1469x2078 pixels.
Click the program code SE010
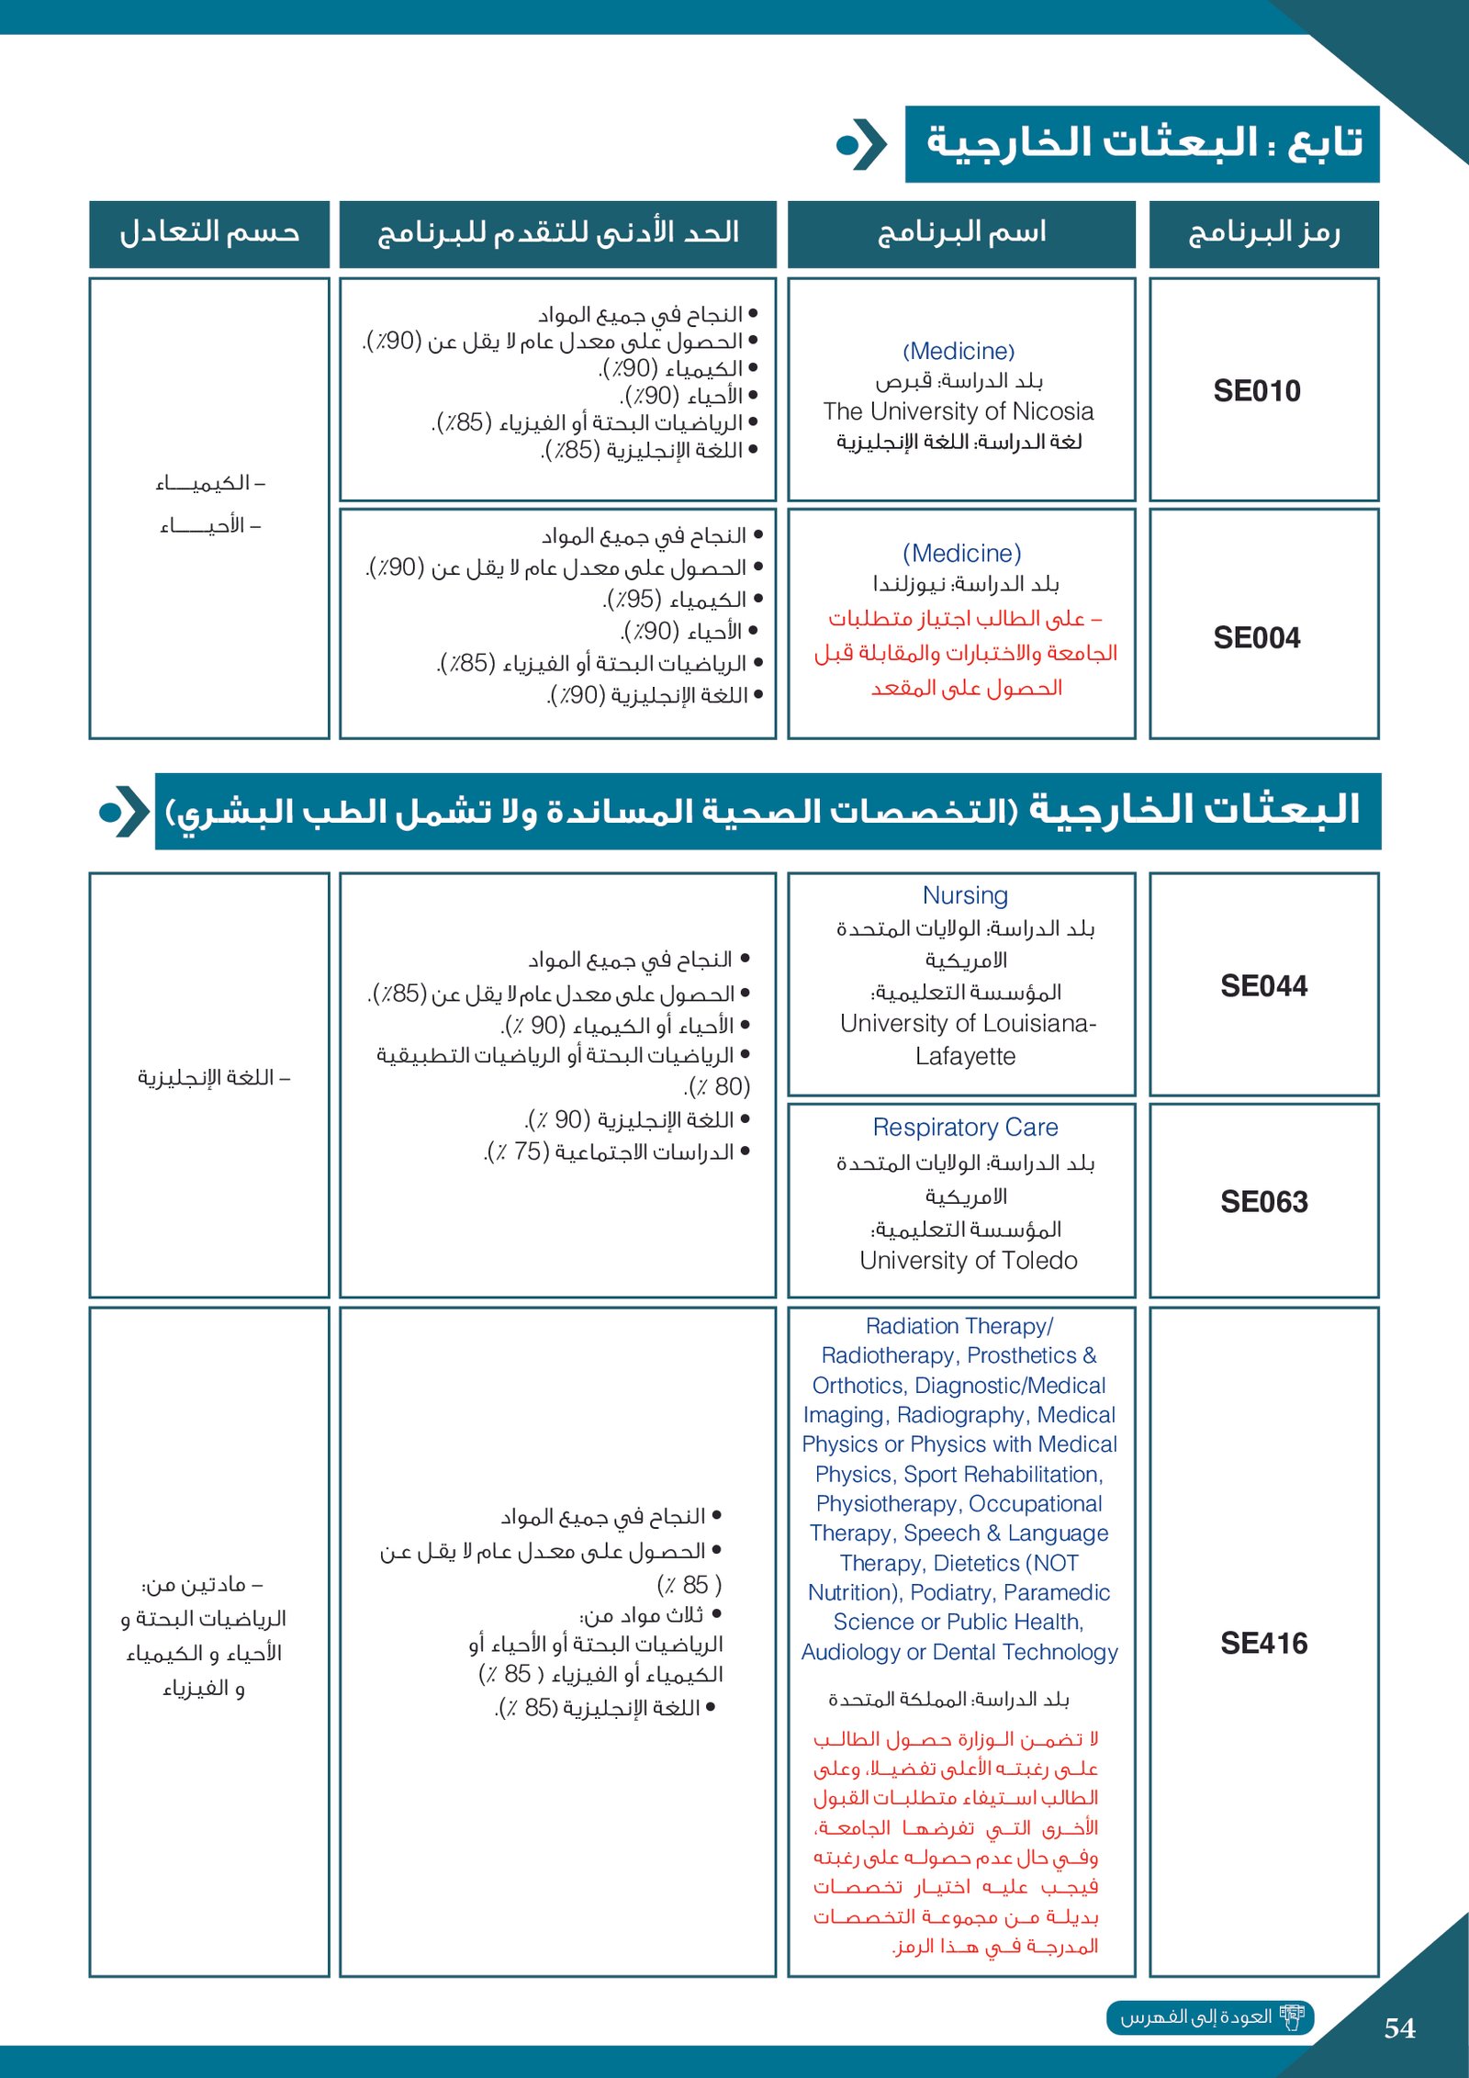coord(1256,391)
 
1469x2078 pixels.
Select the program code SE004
coord(1256,638)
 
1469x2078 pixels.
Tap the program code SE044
coord(1263,986)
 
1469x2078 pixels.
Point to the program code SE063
coord(1263,1202)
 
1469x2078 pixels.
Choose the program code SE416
coord(1263,1644)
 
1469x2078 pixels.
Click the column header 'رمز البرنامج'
coord(1263,233)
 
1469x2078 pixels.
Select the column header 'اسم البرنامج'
coord(961,233)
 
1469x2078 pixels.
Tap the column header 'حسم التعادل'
coord(209,233)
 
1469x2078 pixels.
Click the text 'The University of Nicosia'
coord(959,411)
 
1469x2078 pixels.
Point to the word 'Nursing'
coord(965,895)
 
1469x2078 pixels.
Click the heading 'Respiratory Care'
coord(965,1128)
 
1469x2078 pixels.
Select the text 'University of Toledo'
coord(969,1261)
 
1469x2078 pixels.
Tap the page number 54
coord(1399,2028)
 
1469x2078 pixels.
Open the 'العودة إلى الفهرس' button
coord(1210,2017)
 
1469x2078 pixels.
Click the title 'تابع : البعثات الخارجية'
coord(1142,143)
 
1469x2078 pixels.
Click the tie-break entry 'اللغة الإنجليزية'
coord(213,1077)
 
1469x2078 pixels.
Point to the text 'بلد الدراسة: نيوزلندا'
coord(966,585)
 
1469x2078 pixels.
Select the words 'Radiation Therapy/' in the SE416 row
coord(959,1326)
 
